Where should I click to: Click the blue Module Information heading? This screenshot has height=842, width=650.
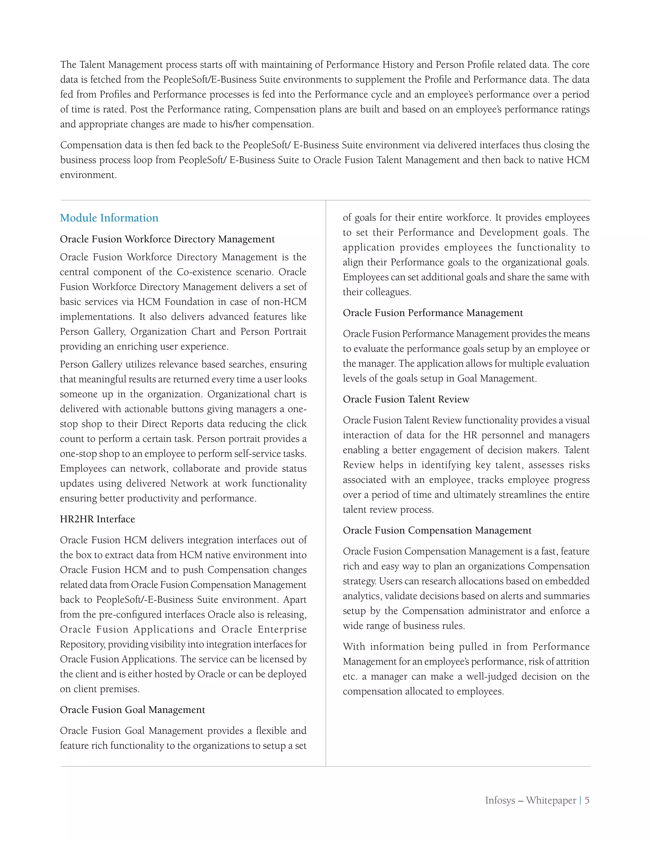click(109, 218)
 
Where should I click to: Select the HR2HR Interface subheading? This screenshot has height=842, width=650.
click(97, 519)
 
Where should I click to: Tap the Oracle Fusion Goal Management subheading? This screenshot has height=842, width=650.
click(132, 710)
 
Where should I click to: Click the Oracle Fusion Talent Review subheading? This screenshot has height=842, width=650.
click(406, 399)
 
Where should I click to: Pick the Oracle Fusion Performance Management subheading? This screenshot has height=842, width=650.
click(433, 313)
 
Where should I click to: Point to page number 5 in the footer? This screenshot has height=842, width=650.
click(587, 800)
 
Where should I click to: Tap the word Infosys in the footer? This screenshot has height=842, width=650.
click(500, 800)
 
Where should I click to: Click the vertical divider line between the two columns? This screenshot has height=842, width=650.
click(326, 482)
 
